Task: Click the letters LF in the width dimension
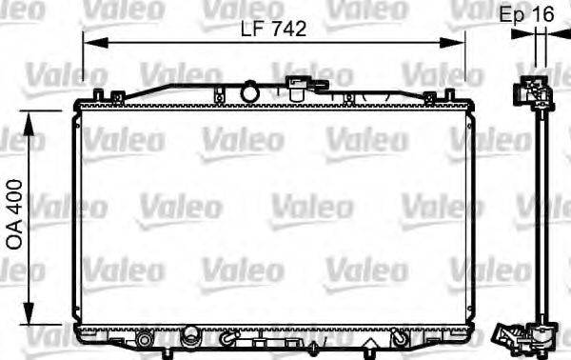click(x=249, y=30)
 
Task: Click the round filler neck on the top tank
click(x=251, y=93)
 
